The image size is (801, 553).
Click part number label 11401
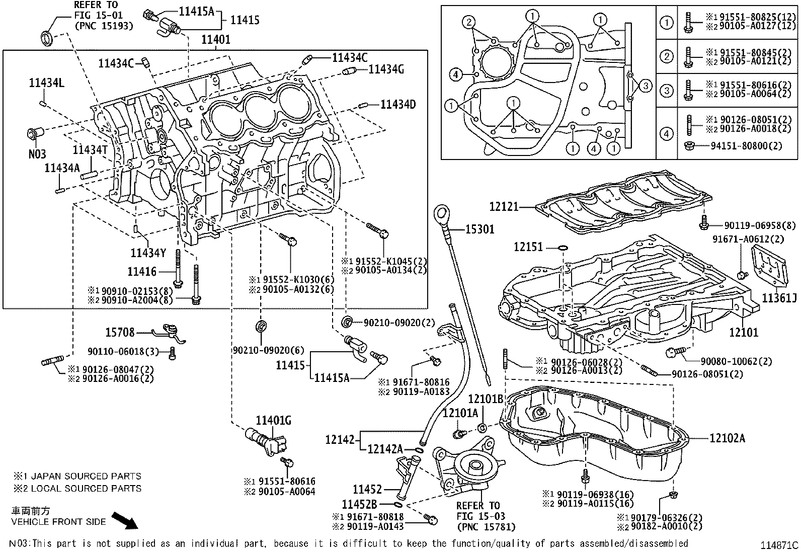[x=216, y=40]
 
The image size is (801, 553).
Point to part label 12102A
[x=727, y=438]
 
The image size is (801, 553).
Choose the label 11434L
[x=46, y=83]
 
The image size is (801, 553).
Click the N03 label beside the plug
[x=37, y=153]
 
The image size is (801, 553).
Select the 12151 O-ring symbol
[x=563, y=248]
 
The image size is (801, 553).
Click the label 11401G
[x=273, y=420]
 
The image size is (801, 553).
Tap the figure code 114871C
[x=779, y=545]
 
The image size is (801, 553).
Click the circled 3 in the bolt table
[x=667, y=91]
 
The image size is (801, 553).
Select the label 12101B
[x=486, y=399]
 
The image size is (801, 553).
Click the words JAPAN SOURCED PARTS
[x=86, y=476]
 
